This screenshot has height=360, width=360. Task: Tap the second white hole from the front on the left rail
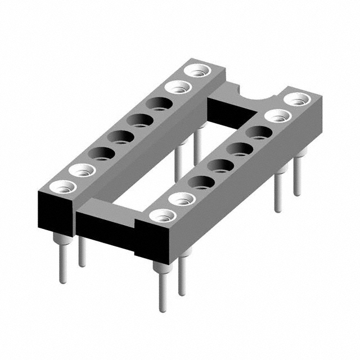point(80,169)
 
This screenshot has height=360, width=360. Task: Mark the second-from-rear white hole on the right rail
point(277,116)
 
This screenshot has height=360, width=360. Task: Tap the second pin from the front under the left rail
point(82,253)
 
